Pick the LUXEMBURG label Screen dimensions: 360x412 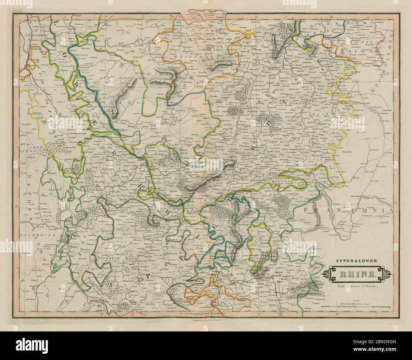(29, 235)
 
